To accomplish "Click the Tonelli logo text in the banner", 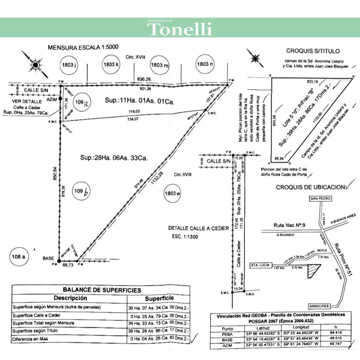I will coord(180,29).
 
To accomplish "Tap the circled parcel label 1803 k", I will coord(111,64).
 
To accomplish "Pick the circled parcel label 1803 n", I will coord(205,64).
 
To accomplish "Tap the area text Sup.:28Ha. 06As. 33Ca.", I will coord(114,157).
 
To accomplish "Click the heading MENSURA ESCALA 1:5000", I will coord(83,47).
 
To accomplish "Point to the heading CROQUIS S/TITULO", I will coord(313,51).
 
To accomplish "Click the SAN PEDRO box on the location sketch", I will coord(320,198).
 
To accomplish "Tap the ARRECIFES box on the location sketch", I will coord(319,306).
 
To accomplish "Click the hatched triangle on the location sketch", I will coord(313,270).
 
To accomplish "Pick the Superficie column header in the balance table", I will coord(159,298).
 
